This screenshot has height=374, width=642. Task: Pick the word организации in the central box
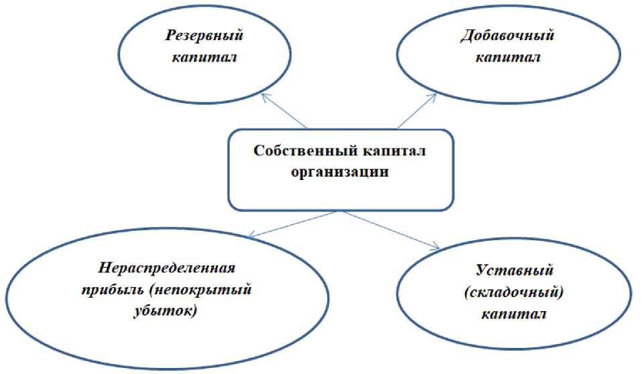click(x=340, y=171)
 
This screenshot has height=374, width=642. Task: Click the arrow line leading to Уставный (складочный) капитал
click(x=389, y=229)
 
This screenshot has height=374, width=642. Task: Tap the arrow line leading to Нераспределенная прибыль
click(x=295, y=223)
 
